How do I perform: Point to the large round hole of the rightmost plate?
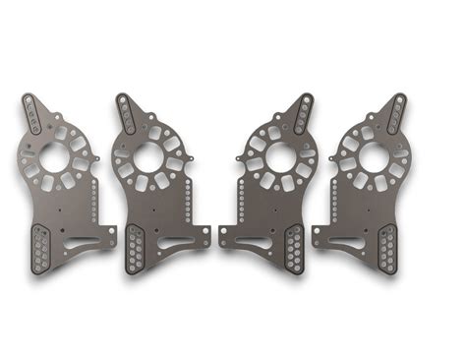pyautogui.click(x=374, y=156)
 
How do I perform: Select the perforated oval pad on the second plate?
pyautogui.click(x=134, y=249)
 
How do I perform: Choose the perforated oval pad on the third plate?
pyautogui.click(x=294, y=249)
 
